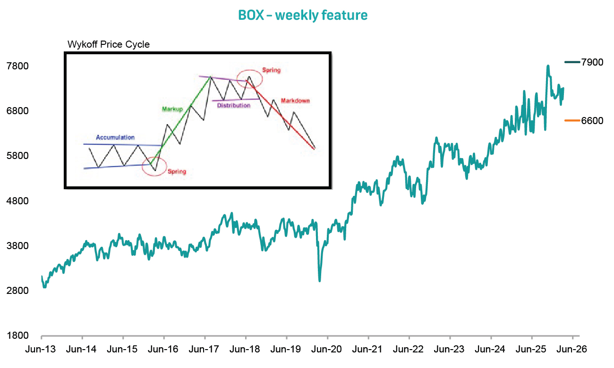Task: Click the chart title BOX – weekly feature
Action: pyautogui.click(x=303, y=15)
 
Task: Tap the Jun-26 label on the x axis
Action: pyautogui.click(x=572, y=350)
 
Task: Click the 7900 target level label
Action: pyautogui.click(x=592, y=62)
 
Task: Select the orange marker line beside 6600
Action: pyautogui.click(x=572, y=120)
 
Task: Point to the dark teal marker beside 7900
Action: pyautogui.click(x=572, y=62)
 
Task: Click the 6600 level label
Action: pyautogui.click(x=592, y=121)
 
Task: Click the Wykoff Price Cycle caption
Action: pyautogui.click(x=109, y=45)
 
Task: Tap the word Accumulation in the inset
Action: pyautogui.click(x=115, y=137)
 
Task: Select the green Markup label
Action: pyautogui.click(x=172, y=109)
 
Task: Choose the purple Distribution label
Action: pyautogui.click(x=234, y=106)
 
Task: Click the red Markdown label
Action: pyautogui.click(x=295, y=100)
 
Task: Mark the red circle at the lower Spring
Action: pyautogui.click(x=154, y=166)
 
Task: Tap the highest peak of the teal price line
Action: pyautogui.click(x=548, y=66)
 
